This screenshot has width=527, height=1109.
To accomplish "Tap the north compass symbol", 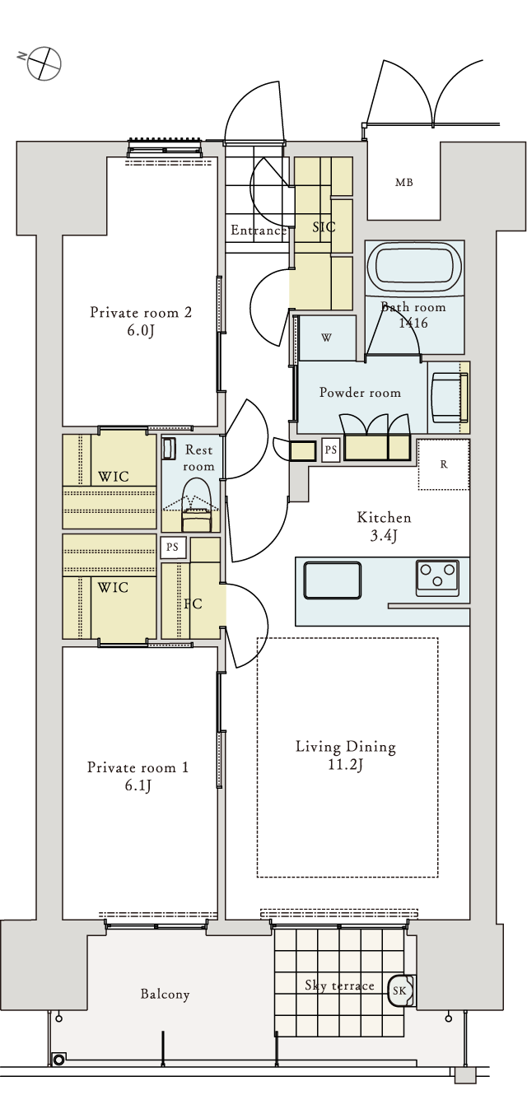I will point(44,63).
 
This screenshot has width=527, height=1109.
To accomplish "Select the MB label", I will point(403,183).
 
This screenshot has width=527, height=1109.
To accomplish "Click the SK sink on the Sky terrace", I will point(400,990).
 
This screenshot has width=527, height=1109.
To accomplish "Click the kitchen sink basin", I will point(332,580).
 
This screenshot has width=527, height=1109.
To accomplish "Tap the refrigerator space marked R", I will point(444,464).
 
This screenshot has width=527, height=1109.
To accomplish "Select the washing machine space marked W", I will point(327,338).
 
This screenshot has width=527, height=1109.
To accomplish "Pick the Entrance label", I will point(259,231).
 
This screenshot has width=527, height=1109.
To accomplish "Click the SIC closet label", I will point(324,226).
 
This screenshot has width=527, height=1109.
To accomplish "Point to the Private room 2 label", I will point(141,312).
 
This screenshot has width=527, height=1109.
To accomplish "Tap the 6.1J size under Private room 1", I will point(138,785).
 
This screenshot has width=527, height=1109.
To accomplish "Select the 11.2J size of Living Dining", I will point(346,765).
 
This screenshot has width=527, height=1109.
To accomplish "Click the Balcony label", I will point(165,995).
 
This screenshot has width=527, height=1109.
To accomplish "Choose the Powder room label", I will point(360,393).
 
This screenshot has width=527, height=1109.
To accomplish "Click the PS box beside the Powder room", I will point(330,450).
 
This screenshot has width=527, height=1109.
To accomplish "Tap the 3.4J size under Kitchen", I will point(383,536).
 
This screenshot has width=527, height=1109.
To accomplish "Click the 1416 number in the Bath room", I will point(413,323).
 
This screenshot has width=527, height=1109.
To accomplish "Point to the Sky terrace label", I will point(339,986).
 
